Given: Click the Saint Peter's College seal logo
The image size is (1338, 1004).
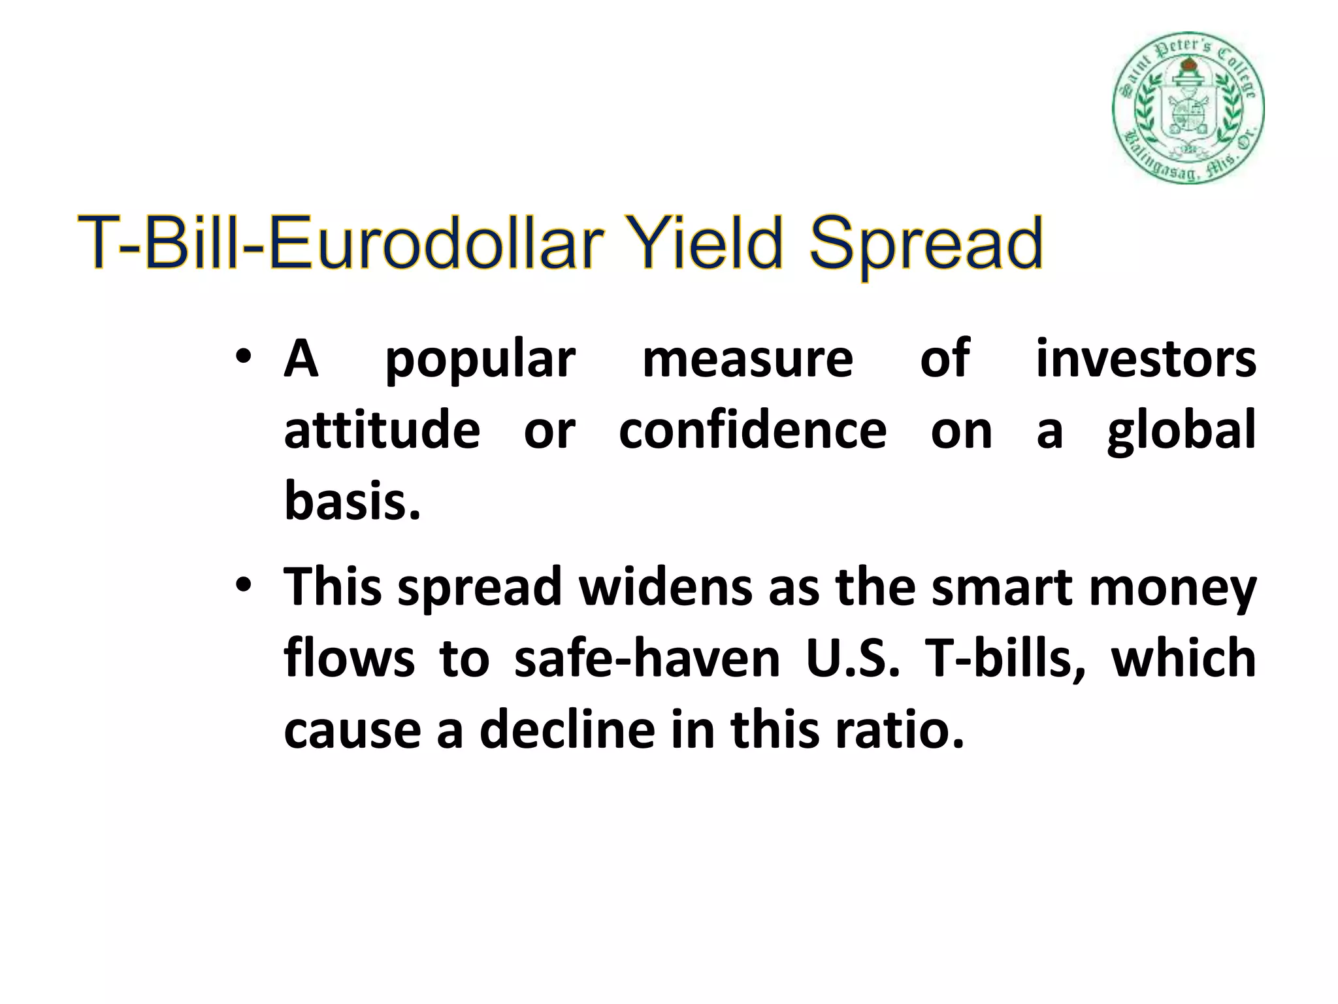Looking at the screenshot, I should pyautogui.click(x=1188, y=109).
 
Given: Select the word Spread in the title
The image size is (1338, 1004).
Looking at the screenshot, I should pyautogui.click(x=925, y=246).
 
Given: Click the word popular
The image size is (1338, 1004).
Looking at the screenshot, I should pyautogui.click(x=480, y=361).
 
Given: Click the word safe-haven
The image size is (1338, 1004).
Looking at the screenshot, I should pyautogui.click(x=647, y=658).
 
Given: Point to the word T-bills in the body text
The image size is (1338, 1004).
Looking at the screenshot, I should pyautogui.click(x=1002, y=658).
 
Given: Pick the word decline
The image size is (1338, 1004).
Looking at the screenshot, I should pyautogui.click(x=566, y=729).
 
